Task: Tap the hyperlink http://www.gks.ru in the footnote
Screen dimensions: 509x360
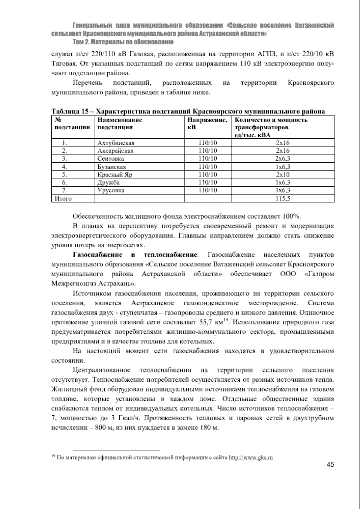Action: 251,458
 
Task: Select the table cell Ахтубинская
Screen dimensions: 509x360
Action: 116,143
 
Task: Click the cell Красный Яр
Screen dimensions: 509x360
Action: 115,174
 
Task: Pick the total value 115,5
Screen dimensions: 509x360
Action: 283,198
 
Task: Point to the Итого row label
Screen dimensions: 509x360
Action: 63,198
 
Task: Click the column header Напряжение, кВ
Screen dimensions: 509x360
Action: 207,124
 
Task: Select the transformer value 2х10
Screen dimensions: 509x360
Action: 283,174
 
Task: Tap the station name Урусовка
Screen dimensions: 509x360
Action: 111,190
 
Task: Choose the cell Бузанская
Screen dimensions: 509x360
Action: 112,167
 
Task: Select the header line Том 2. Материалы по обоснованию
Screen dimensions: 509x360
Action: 123,41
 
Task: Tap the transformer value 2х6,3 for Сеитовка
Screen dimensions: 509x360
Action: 283,158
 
